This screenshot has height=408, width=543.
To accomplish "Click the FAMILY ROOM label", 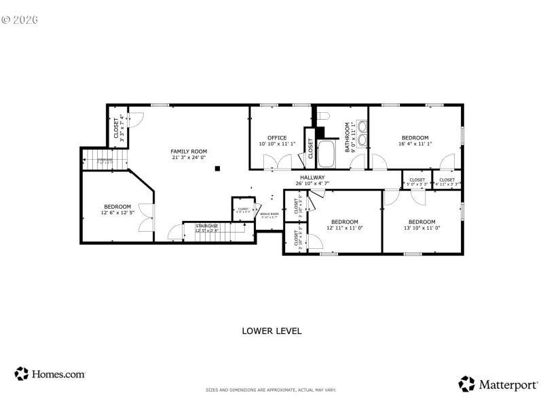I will tap(189, 151).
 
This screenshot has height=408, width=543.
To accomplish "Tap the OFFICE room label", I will tap(277, 137).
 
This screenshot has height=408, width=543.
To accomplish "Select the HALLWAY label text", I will tap(313, 177).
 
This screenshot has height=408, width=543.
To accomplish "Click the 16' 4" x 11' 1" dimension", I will tap(415, 144).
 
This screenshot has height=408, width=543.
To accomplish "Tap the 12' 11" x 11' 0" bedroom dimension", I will tap(345, 228).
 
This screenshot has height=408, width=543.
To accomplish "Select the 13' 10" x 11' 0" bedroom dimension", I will tap(422, 228).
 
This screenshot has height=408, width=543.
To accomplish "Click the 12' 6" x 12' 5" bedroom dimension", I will tap(117, 213).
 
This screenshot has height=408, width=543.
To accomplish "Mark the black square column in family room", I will tap(217, 168).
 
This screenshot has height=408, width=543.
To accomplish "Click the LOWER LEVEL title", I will tap(271, 331).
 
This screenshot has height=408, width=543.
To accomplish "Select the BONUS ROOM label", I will tap(269, 215).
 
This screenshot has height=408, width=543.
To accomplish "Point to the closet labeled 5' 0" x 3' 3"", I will tap(417, 182).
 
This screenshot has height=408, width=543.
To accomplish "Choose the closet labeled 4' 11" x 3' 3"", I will tap(447, 182).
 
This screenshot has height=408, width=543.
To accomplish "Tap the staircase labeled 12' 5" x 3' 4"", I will tap(207, 228).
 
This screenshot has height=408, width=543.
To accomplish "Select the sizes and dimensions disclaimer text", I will tap(271, 390).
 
